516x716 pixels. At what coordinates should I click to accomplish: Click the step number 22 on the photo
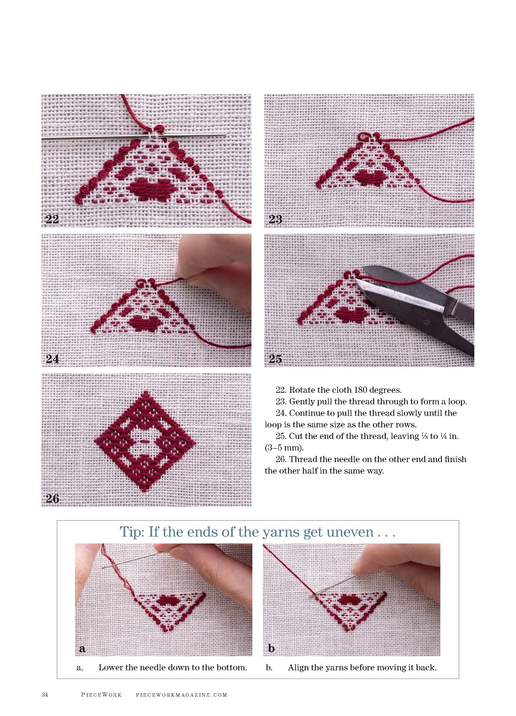tap(52, 219)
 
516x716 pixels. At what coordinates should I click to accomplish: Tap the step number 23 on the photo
tap(275, 219)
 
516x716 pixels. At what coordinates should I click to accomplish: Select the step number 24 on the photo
tap(52, 359)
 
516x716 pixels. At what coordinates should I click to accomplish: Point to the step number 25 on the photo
tap(275, 359)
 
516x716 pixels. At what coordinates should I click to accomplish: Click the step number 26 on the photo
tap(52, 499)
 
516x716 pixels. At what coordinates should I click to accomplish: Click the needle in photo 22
tap(134, 137)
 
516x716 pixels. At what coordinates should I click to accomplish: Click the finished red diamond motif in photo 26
tap(145, 441)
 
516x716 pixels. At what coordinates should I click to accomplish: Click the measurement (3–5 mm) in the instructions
tap(284, 447)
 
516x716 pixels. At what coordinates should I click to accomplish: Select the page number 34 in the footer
tap(45, 694)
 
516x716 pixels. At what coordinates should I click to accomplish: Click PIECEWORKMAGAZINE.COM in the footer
tap(181, 695)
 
